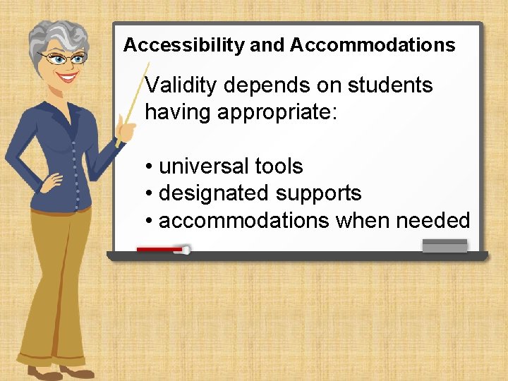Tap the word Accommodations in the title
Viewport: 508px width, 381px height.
pos(373,46)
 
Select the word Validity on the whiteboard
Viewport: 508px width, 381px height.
pos(180,85)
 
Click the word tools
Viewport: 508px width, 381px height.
pos(279,167)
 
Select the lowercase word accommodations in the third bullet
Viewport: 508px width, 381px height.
pos(243,220)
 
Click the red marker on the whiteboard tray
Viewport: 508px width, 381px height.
pos(162,249)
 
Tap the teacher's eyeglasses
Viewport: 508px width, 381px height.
pos(64,59)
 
